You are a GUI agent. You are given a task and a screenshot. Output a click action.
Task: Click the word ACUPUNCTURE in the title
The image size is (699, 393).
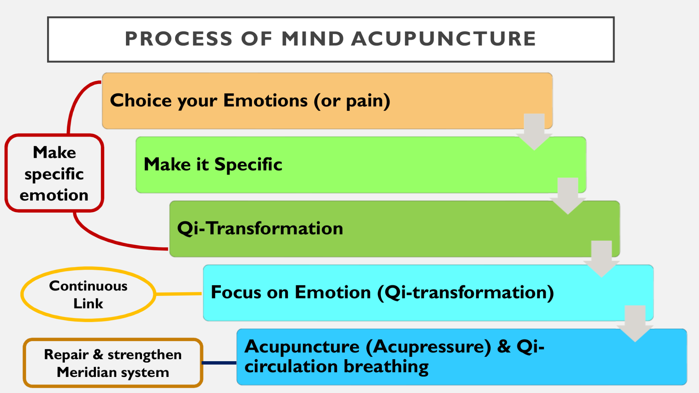coord(443,39)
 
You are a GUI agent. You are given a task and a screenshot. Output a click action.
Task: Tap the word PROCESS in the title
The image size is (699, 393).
coord(179,39)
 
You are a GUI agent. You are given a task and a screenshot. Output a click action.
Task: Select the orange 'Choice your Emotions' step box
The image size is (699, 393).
coord(327,101)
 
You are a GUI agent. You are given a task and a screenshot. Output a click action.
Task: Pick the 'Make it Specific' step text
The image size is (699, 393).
coord(213,165)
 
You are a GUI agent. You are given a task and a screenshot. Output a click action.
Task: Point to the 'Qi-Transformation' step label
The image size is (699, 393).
coord(260,228)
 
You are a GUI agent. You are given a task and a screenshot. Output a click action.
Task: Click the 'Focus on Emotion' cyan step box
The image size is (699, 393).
coord(428,293)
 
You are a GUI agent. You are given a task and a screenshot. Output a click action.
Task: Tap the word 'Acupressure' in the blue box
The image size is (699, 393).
coord(428,347)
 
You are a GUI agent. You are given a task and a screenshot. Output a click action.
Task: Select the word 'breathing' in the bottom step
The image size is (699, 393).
coord(386,367)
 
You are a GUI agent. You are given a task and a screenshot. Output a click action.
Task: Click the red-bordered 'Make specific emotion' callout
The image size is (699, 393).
coord(54,173)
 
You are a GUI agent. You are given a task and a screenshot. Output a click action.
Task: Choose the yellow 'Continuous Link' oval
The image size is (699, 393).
coord(88,294)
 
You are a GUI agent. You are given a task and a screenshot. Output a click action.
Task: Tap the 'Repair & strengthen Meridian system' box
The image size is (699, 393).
coord(113,363)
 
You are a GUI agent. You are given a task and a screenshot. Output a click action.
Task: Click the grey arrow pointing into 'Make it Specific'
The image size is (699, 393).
coord(534,132)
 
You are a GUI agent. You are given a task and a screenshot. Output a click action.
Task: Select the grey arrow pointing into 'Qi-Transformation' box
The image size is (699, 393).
coord(568,196)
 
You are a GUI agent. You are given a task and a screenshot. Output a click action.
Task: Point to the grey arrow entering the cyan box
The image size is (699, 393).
coord(601,259)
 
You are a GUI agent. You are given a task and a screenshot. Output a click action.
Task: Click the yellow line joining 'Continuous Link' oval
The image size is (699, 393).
coord(179,294)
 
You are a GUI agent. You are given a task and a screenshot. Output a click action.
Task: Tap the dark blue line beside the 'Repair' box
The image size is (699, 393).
coord(219,363)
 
